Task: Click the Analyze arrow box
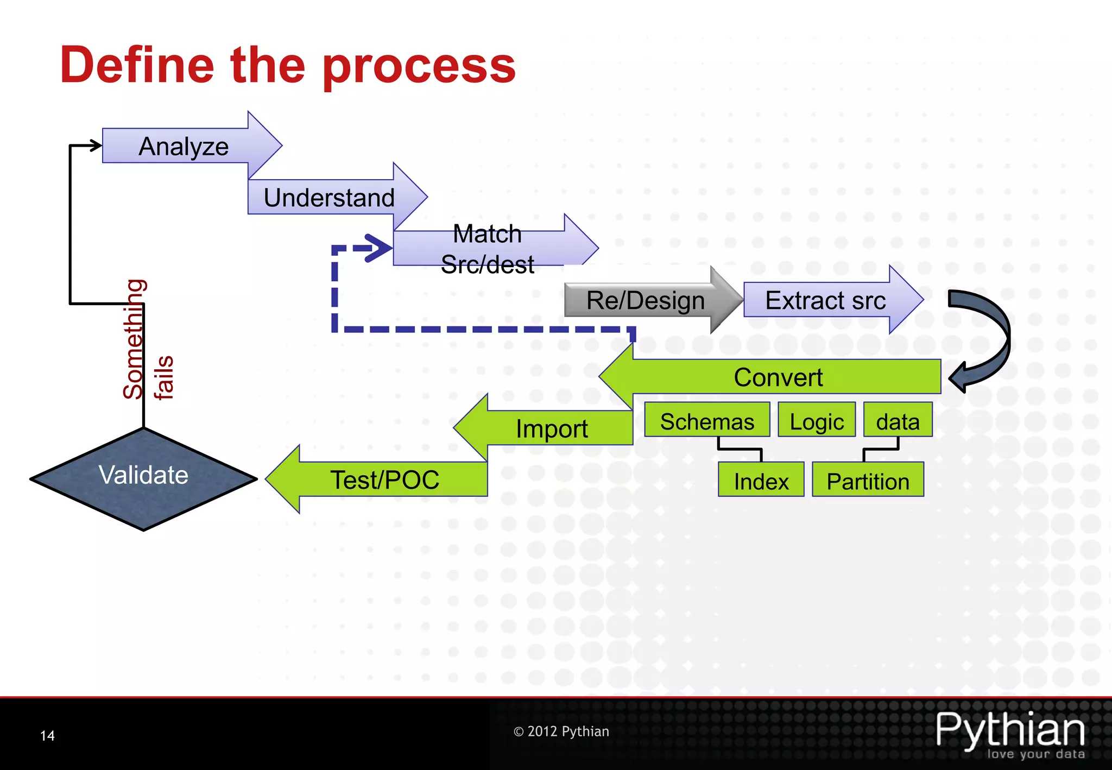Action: pos(184,146)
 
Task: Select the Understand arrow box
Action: pos(329,197)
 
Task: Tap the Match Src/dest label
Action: pos(487,249)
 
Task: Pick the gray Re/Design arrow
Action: pos(646,300)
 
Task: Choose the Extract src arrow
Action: pos(825,300)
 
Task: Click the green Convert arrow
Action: pos(778,377)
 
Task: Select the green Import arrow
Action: pos(551,428)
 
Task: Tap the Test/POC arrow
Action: pos(384,479)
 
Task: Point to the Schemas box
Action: pos(707,421)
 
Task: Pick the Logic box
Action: pos(817,421)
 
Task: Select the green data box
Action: pos(898,421)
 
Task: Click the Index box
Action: pos(761,481)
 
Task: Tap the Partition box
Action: pos(868,481)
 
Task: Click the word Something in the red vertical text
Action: pos(134,339)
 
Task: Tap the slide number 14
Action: pos(48,736)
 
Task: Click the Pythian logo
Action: pos(1010,733)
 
